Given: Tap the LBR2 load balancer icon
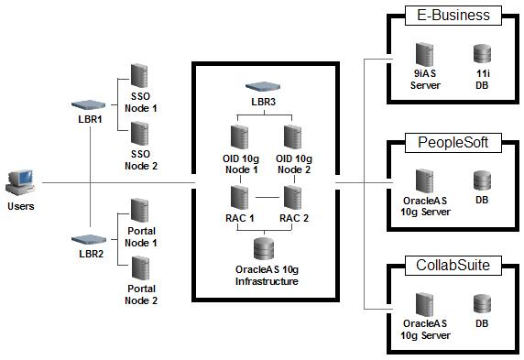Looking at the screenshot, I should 90,238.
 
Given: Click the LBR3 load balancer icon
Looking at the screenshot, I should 262,86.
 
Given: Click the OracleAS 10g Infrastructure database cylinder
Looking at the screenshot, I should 265,248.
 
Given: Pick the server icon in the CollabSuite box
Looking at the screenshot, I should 425,306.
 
